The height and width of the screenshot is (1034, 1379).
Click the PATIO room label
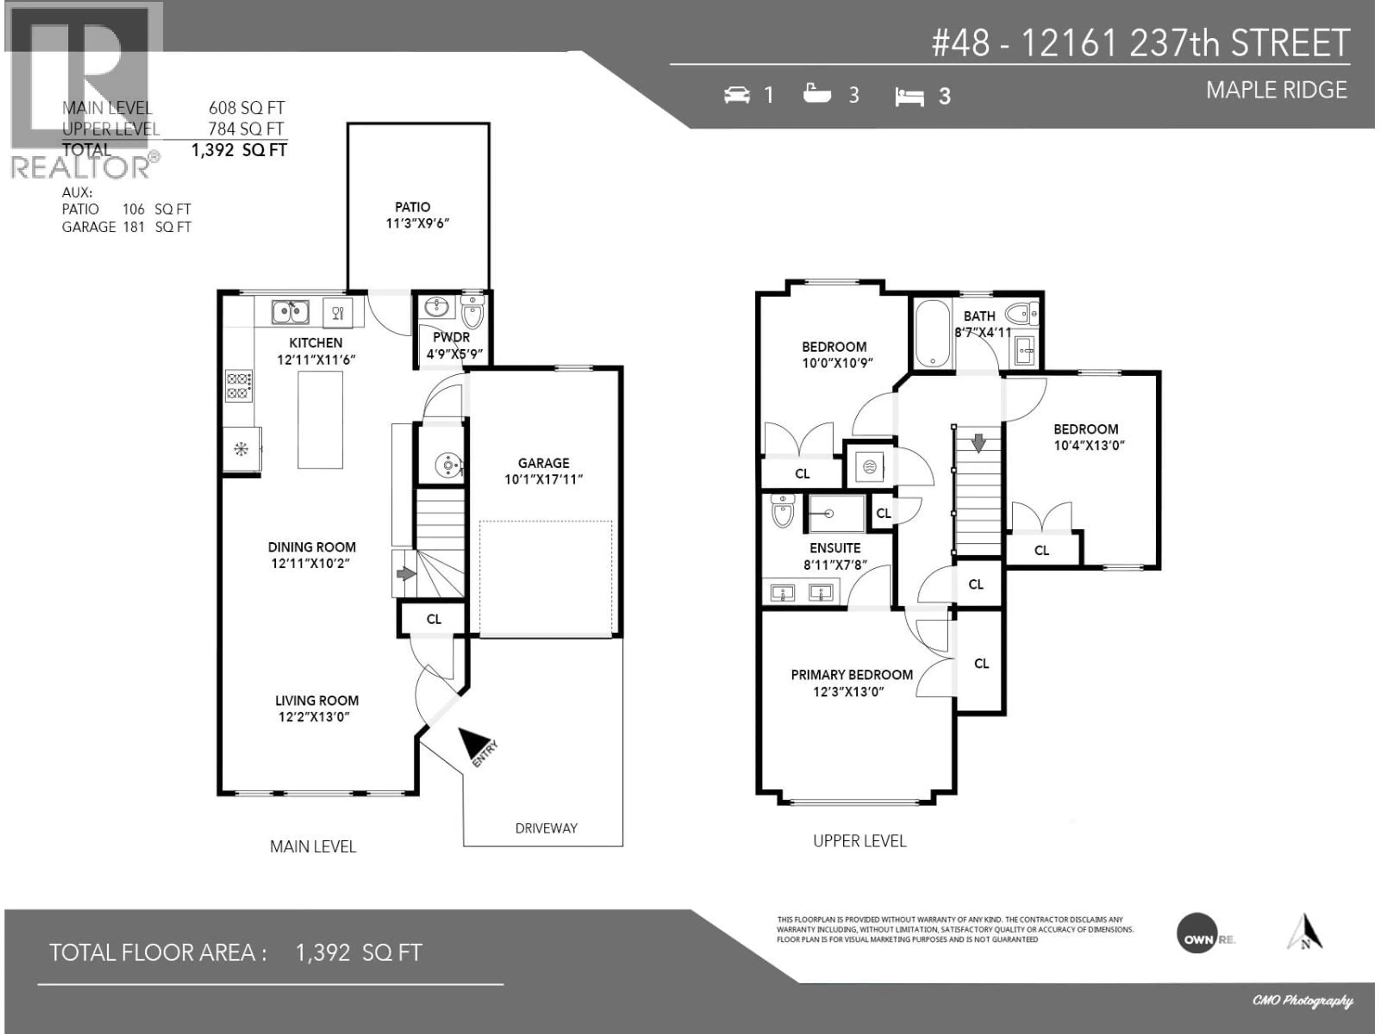click(x=412, y=207)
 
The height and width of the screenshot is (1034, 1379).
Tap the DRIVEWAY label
click(x=546, y=828)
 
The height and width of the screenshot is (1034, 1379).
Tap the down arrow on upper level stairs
click(x=978, y=443)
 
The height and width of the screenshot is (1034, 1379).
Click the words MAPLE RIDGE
click(x=1276, y=90)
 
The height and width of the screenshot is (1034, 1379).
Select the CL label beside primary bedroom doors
click(x=981, y=664)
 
